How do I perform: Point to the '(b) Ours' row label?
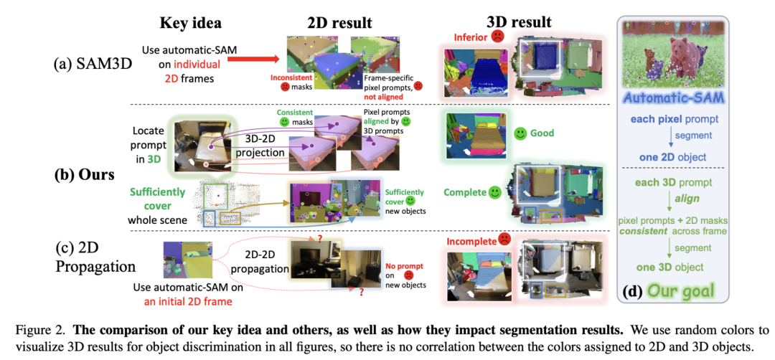tap(85, 174)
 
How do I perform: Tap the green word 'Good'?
tap(544, 133)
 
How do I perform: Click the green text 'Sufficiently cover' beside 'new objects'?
tap(405, 196)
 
